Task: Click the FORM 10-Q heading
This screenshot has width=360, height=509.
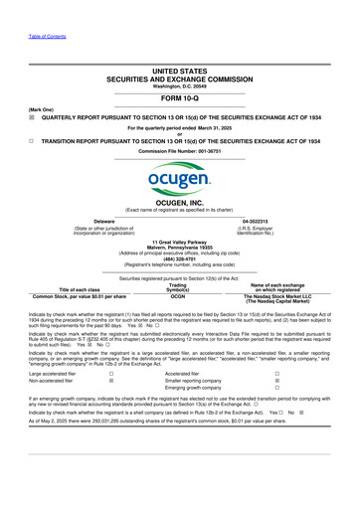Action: [180, 71]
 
